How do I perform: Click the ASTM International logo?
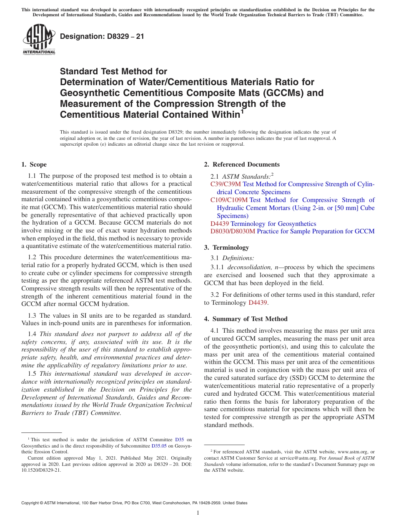point(38,40)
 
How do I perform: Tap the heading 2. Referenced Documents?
point(242,164)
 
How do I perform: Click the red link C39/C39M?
point(226,184)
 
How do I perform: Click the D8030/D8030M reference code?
point(233,231)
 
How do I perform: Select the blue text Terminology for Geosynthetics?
point(273,224)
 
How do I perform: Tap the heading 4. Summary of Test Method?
point(246,319)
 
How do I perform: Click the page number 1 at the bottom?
point(198,513)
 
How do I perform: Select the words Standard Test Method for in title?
point(113,71)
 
